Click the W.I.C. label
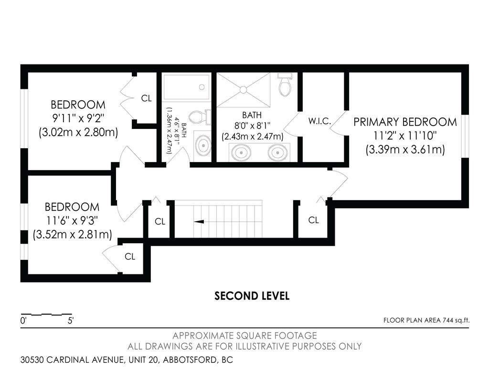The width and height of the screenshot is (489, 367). point(319,121)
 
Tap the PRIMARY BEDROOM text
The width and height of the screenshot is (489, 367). point(405,122)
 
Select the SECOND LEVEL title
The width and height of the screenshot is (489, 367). point(252,296)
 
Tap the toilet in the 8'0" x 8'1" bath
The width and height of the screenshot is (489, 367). point(285,86)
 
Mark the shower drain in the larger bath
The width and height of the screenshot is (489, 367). point(243,89)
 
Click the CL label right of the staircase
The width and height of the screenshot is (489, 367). point(313,220)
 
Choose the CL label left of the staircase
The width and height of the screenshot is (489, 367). point(159,222)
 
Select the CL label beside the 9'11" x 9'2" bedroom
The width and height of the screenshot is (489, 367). point(146,98)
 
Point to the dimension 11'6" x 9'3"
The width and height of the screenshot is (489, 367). point(72,221)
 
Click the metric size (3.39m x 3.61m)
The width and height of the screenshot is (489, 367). point(405,150)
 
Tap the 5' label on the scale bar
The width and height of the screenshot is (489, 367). point(71,321)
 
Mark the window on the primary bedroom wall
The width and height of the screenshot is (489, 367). point(465,136)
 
